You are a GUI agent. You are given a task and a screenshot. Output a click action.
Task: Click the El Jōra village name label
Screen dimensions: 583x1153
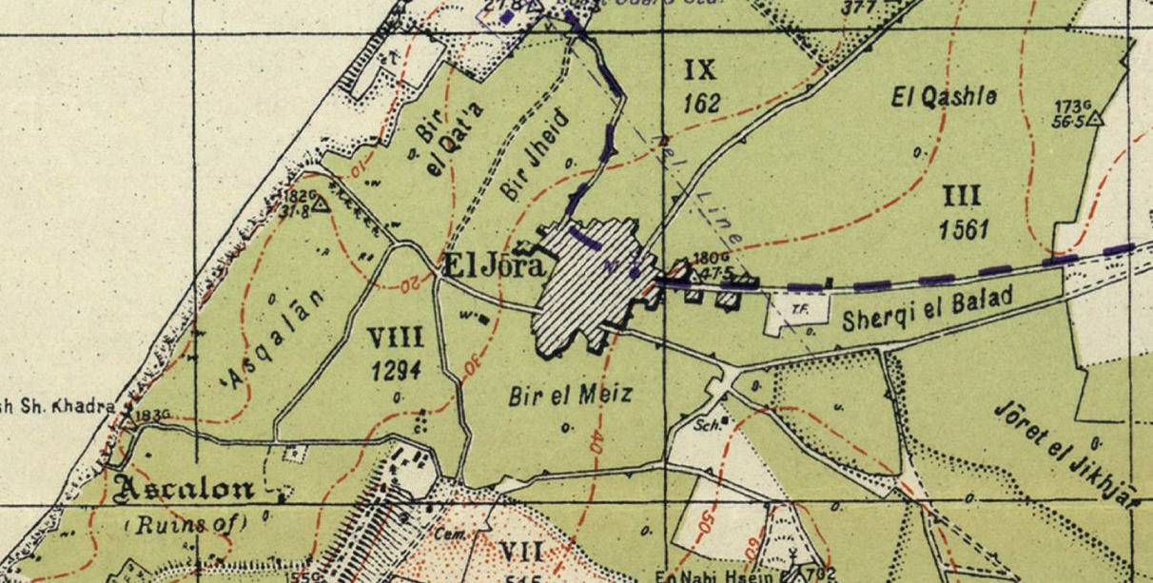tap(495, 267)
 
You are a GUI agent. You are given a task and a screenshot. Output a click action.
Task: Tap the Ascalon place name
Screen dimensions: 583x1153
tap(186, 489)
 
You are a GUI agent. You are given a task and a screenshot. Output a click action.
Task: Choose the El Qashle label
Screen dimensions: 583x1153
tap(944, 96)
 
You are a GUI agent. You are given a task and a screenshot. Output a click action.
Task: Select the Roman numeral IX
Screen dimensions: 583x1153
tap(699, 69)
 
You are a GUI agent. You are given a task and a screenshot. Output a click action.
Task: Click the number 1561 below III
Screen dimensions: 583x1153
tap(963, 229)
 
